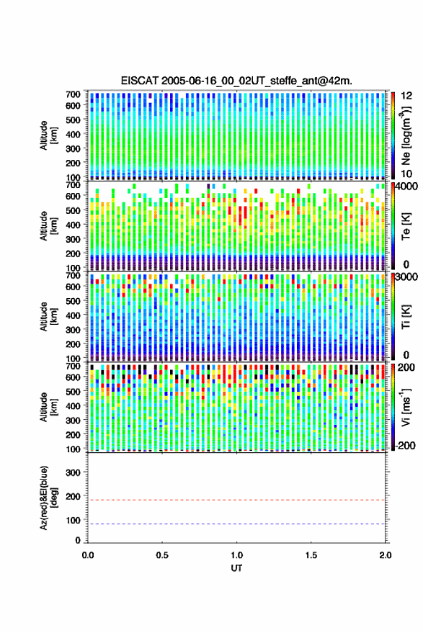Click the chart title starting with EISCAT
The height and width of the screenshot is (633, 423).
click(x=236, y=81)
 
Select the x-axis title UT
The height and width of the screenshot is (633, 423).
click(x=236, y=568)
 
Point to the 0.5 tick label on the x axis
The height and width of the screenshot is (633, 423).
click(x=162, y=555)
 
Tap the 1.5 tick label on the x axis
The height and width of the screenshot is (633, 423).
click(x=311, y=555)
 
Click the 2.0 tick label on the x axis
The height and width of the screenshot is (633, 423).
click(x=385, y=555)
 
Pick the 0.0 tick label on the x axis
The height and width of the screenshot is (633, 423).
click(x=88, y=555)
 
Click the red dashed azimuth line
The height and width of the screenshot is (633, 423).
click(x=236, y=500)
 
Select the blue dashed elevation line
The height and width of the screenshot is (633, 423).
click(x=236, y=524)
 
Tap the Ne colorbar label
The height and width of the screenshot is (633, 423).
click(x=406, y=135)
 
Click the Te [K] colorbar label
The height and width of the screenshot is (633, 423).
click(x=406, y=226)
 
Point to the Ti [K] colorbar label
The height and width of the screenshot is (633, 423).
click(x=406, y=318)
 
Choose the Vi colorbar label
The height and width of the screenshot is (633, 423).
click(x=406, y=408)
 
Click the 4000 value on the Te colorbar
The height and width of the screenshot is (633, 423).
click(x=406, y=187)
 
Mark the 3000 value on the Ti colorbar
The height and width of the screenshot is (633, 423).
click(x=406, y=277)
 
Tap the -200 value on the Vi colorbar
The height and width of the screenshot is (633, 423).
click(x=405, y=445)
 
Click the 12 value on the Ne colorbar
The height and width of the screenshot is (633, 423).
click(x=407, y=96)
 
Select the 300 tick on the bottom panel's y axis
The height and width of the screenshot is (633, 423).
click(x=73, y=472)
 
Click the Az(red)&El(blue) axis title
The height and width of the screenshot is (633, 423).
click(x=48, y=498)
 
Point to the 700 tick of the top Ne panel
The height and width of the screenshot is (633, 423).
click(x=73, y=94)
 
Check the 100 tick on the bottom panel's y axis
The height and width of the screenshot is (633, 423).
click(x=73, y=520)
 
